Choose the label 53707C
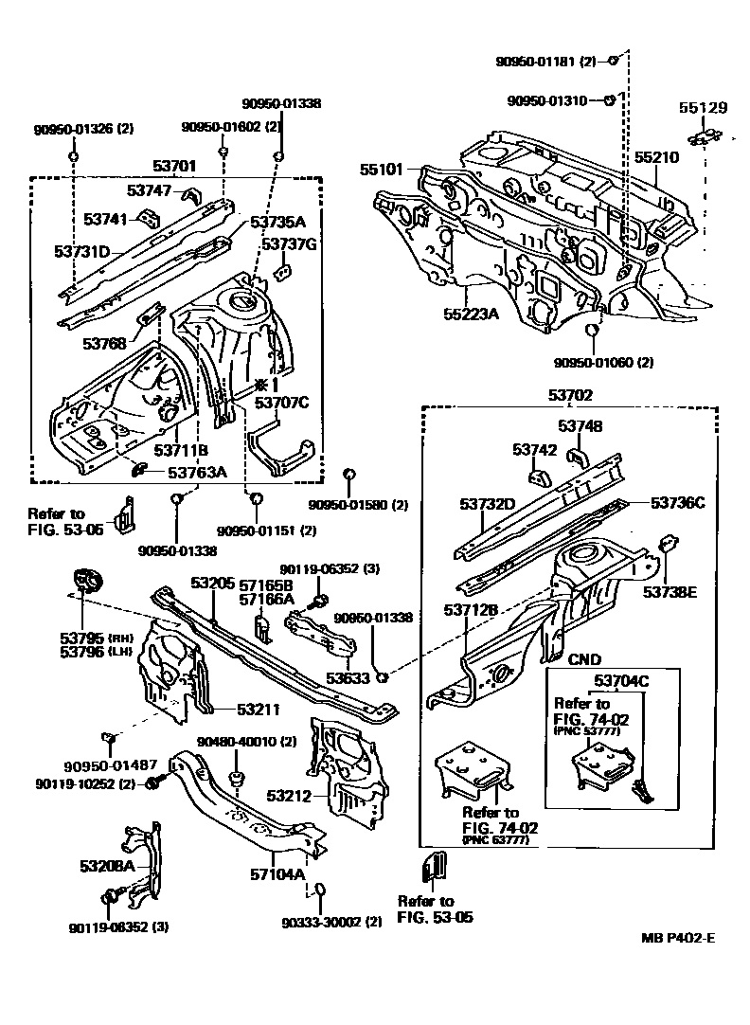coord(281,403)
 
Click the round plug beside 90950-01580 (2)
coord(348,473)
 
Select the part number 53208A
coord(103,866)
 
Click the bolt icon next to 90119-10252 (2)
coord(155,782)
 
